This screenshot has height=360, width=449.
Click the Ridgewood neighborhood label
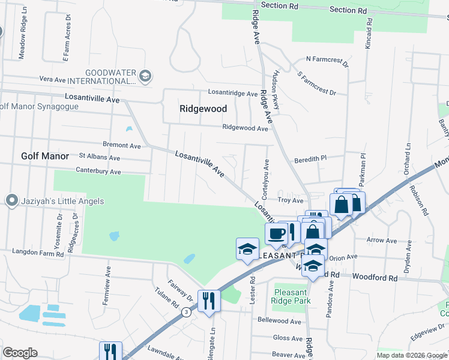click(x=203, y=109)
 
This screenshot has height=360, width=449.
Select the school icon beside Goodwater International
click(x=145, y=76)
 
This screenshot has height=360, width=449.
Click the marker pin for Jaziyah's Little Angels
click(x=11, y=201)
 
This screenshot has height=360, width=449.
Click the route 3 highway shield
click(x=187, y=312)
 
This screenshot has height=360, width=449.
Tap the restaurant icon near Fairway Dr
click(x=209, y=300)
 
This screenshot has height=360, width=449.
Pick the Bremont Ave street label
click(x=121, y=146)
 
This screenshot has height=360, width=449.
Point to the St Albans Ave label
click(x=100, y=157)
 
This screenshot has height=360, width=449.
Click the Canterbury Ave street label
click(x=98, y=172)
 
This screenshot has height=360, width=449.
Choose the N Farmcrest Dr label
click(x=327, y=59)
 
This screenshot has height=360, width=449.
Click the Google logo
click(x=20, y=353)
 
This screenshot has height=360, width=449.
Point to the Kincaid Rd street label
click(x=369, y=33)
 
